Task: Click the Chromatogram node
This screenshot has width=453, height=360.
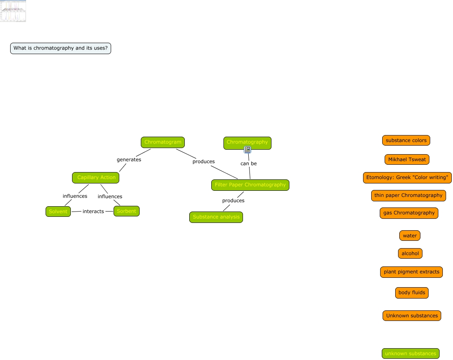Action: click(163, 142)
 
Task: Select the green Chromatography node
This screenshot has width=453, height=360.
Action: click(247, 142)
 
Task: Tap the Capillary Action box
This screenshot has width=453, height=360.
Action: click(96, 178)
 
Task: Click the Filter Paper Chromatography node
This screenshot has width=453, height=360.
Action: click(250, 185)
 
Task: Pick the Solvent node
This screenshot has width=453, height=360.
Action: click(58, 212)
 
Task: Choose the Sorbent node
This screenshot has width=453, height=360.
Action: click(126, 211)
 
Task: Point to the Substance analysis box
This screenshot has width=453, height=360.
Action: click(216, 217)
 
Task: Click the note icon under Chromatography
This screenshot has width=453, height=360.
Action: click(247, 150)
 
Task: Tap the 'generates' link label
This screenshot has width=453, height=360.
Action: click(129, 160)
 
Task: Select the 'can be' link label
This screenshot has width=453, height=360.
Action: click(248, 164)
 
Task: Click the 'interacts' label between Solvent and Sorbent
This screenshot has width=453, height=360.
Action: click(93, 212)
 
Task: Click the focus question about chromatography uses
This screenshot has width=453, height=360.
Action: click(61, 48)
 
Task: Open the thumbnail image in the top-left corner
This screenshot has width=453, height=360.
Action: click(13, 11)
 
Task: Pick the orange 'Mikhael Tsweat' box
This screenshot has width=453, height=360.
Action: click(407, 159)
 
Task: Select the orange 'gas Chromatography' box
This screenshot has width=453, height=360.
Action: click(409, 213)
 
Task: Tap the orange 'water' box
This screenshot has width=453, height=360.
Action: click(409, 236)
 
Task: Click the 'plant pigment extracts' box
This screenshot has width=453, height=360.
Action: click(411, 272)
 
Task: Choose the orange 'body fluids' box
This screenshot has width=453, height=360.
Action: click(411, 293)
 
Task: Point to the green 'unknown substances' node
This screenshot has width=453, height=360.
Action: click(410, 353)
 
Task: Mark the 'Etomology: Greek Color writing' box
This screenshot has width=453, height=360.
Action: click(407, 178)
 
